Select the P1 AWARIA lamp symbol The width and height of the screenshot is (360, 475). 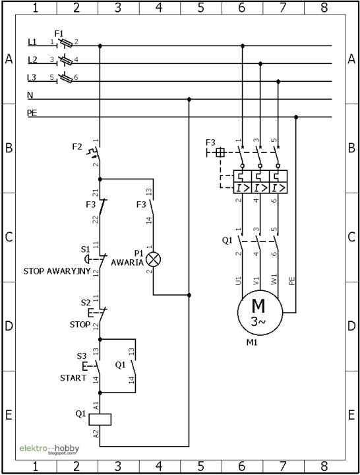coord(153,259)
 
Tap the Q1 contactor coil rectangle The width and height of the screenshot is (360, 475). coord(100,420)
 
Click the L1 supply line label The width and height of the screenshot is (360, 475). coord(32,42)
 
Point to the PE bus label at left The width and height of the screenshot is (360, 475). coord(32,113)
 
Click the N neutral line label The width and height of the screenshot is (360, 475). coord(30,96)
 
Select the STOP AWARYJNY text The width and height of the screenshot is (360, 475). coord(57,271)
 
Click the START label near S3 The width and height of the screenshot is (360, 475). coord(73,378)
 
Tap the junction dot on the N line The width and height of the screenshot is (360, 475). coord(189,99)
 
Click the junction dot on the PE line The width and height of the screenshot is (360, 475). coord(296,117)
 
